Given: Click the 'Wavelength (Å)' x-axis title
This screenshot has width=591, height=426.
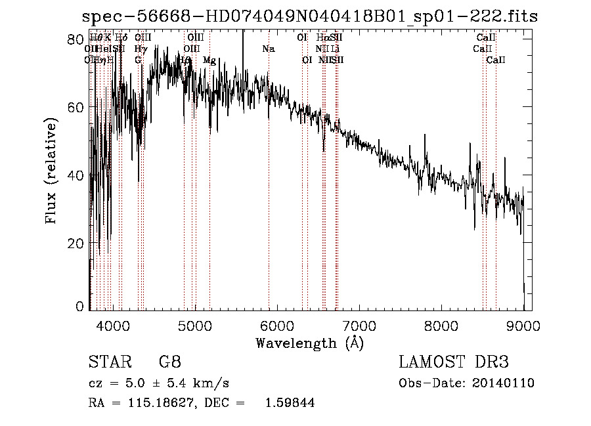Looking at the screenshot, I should [309, 343].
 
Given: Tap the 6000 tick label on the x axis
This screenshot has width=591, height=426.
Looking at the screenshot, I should [276, 326].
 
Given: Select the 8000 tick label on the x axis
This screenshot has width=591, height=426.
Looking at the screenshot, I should [441, 326].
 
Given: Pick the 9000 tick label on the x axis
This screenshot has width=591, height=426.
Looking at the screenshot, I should [523, 326].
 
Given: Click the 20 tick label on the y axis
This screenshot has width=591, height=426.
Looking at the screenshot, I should [77, 244].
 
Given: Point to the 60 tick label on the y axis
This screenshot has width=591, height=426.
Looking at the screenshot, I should [77, 107].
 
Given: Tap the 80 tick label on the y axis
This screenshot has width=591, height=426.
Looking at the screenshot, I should [77, 39].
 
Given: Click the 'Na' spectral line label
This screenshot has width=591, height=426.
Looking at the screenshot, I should [268, 49].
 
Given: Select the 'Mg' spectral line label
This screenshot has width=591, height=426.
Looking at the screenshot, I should [209, 60].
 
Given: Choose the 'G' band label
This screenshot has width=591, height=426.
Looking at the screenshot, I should [138, 60].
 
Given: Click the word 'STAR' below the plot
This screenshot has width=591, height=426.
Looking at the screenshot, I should [107, 362].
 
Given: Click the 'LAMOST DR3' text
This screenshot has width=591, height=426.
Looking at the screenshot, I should [453, 362].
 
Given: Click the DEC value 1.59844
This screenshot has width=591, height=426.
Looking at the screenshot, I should [289, 403].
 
